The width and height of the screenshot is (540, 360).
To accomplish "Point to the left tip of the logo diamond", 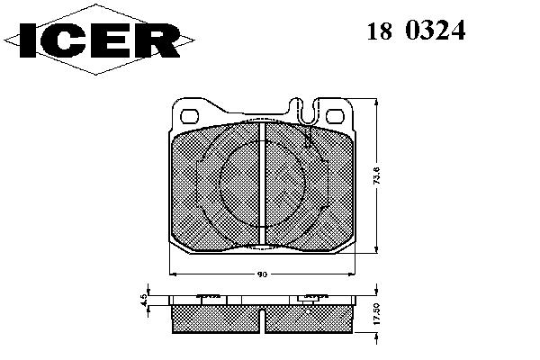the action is (4, 40).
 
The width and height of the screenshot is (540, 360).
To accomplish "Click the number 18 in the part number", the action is (379, 31).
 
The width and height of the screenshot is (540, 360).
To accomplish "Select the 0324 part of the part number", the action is (436, 31).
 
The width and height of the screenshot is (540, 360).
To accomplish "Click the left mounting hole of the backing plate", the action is (189, 116).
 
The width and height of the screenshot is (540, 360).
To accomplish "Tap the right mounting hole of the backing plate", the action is (335, 116).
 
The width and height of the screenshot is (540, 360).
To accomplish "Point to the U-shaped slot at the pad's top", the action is (309, 112).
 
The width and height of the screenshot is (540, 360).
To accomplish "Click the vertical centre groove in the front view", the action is (263, 184).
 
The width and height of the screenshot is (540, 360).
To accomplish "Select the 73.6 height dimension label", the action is (377, 176).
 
